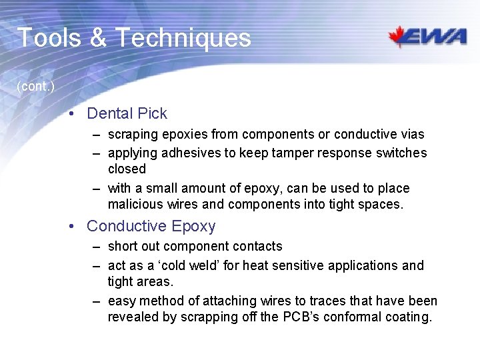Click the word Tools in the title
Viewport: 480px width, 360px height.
48,38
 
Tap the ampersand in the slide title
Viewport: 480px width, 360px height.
97,38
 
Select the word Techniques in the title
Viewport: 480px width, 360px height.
183,38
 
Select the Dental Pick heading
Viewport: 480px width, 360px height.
127,114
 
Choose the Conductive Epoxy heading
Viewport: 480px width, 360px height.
151,226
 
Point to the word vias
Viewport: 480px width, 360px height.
411,135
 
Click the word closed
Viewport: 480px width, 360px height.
127,169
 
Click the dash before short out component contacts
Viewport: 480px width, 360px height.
97,247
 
